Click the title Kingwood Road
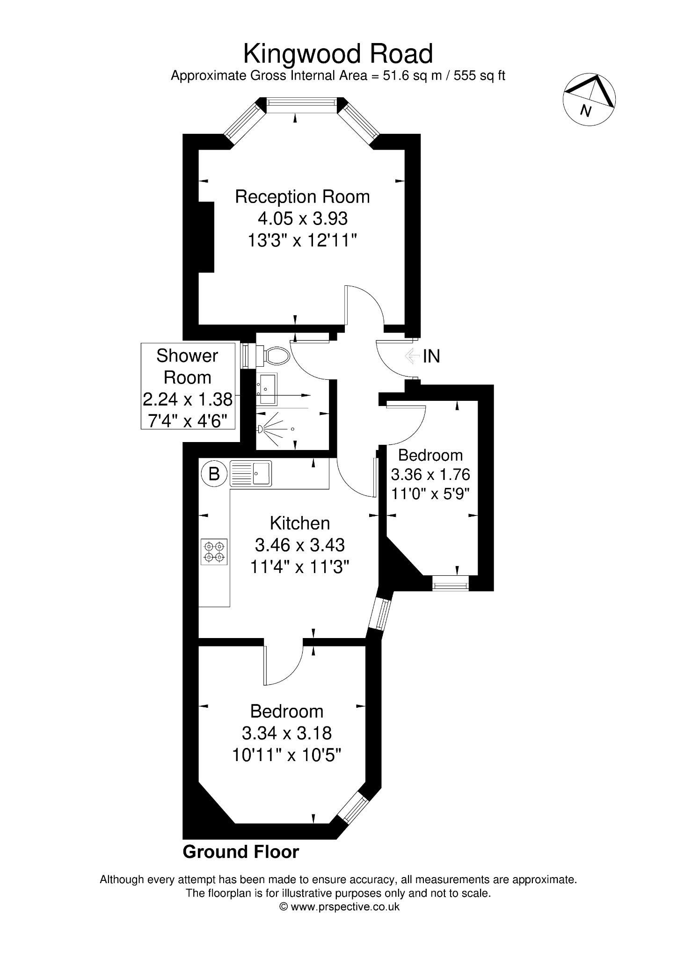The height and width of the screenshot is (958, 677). (338, 54)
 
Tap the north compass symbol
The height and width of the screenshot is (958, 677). (589, 100)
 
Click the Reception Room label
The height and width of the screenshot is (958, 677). (302, 197)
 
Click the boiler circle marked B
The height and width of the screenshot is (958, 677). (214, 474)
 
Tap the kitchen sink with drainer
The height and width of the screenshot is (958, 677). (251, 473)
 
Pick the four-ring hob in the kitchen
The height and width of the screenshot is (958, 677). (214, 552)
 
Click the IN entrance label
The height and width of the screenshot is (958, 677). (431, 356)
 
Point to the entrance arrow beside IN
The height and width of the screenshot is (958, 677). (412, 356)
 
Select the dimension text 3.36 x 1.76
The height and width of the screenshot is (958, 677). (430, 475)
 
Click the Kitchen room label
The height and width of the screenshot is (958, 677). (300, 523)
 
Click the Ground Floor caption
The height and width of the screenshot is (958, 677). (240, 852)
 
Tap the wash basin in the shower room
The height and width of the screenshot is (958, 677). (267, 388)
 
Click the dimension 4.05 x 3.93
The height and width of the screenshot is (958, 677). (302, 218)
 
